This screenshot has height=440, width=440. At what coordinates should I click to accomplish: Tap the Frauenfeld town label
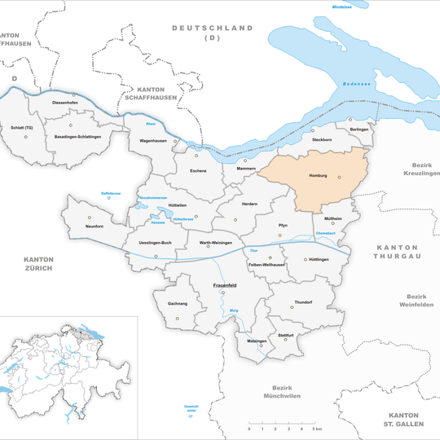click(225, 285)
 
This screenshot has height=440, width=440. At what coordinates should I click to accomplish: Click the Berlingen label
click(359, 130)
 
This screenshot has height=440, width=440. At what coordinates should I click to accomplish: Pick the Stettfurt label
click(285, 335)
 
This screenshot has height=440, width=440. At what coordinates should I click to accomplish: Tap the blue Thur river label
click(253, 250)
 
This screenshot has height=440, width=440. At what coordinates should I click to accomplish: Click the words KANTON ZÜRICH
click(38, 262)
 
